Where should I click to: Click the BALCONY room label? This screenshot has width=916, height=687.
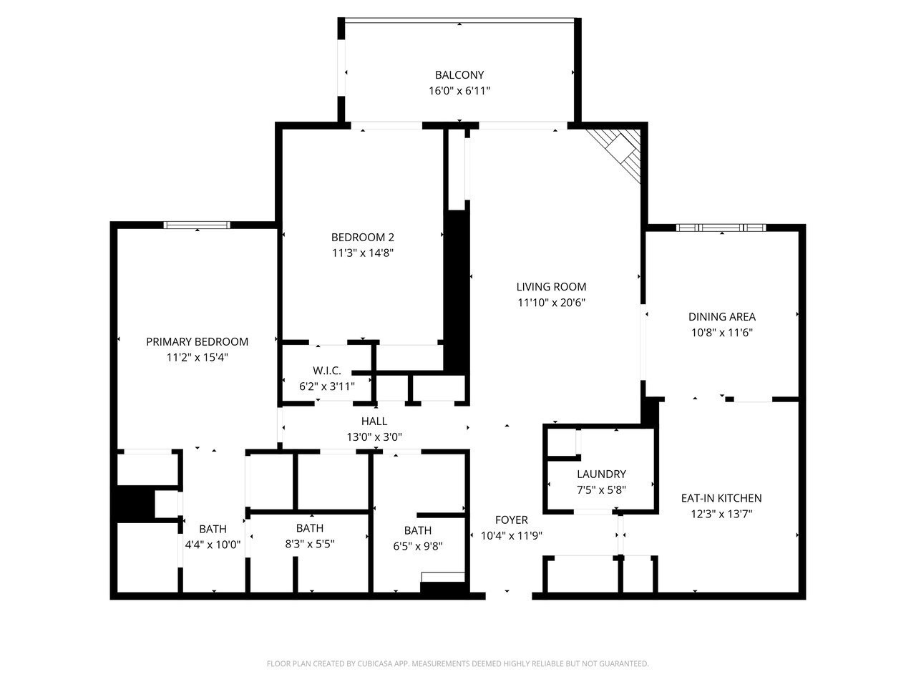click(x=459, y=74)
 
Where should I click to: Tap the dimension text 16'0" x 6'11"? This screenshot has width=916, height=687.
click(x=459, y=90)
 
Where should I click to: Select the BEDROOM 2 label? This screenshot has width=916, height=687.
click(x=362, y=237)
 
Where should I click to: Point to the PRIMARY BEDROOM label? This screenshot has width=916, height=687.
click(x=197, y=341)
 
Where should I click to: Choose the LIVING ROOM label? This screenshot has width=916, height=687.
click(x=551, y=286)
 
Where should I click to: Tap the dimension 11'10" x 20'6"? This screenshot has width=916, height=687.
click(x=551, y=303)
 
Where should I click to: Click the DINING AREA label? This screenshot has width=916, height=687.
click(x=721, y=316)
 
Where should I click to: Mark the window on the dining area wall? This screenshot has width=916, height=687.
click(x=721, y=228)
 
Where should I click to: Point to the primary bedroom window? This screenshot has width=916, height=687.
click(x=197, y=225)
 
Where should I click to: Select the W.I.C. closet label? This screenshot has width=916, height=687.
click(x=327, y=371)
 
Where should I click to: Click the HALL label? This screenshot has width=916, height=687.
click(x=374, y=421)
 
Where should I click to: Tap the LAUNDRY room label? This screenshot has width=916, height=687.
click(x=601, y=474)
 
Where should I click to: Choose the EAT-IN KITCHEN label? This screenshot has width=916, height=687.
click(x=721, y=498)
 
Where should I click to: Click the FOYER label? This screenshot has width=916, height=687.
click(x=511, y=520)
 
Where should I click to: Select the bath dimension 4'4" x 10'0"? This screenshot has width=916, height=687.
click(x=213, y=545)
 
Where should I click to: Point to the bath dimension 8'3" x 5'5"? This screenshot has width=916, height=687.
click(x=310, y=544)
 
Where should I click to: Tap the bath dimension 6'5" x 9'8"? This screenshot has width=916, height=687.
click(x=418, y=546)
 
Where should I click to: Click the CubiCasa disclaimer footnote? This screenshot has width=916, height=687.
click(x=458, y=663)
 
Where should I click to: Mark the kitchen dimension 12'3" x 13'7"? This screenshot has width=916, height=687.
click(x=721, y=514)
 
